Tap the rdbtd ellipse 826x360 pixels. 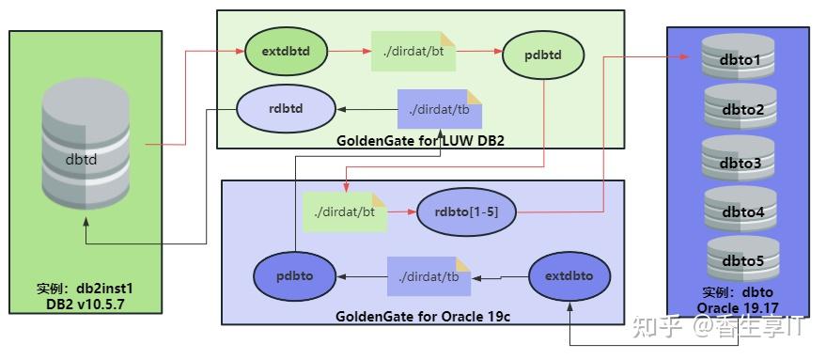(287, 107)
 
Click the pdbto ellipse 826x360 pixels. (296, 276)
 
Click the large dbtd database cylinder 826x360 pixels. (86, 155)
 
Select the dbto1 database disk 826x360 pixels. (737, 58)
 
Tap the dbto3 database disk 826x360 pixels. (737, 160)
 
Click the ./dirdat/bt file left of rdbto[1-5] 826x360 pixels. (345, 212)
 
